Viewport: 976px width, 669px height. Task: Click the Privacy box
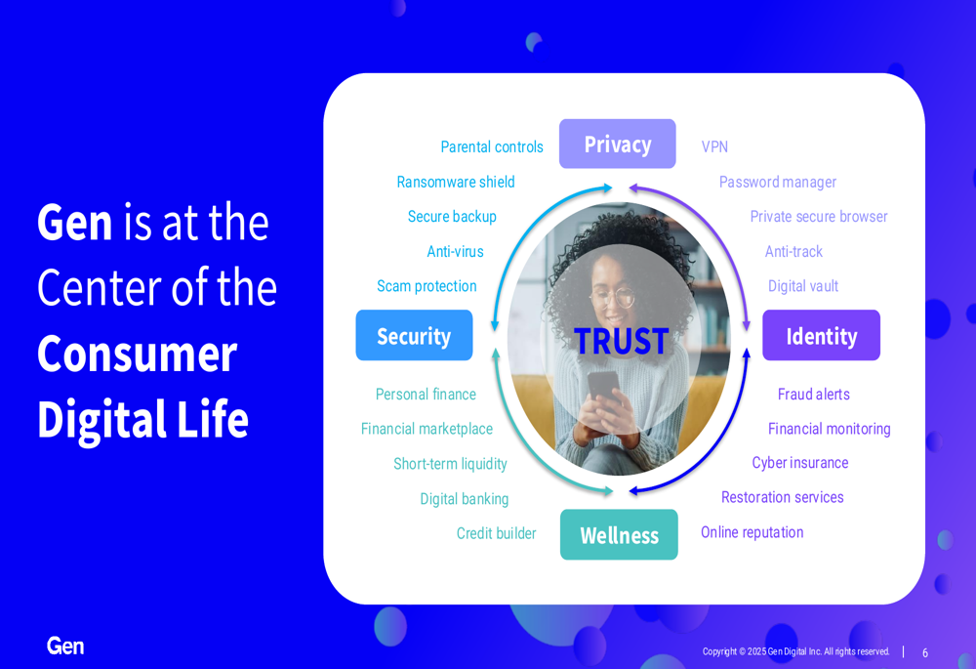pyautogui.click(x=618, y=144)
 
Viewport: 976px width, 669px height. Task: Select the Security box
pyautogui.click(x=414, y=335)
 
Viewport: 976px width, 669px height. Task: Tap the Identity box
pyautogui.click(x=822, y=335)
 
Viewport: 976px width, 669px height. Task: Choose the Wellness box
pyautogui.click(x=619, y=534)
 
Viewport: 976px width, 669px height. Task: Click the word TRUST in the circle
pyautogui.click(x=621, y=342)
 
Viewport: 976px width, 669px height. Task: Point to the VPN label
pyautogui.click(x=714, y=146)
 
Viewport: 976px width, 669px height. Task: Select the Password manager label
pyautogui.click(x=778, y=182)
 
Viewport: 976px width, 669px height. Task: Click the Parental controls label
pyautogui.click(x=492, y=146)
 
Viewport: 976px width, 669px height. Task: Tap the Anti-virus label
pyautogui.click(x=455, y=251)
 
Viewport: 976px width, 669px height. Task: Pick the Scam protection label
pyautogui.click(x=427, y=286)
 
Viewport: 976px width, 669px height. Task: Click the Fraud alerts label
pyautogui.click(x=814, y=394)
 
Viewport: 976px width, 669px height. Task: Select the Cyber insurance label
pyautogui.click(x=800, y=463)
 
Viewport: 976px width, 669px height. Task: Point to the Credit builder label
pyautogui.click(x=496, y=533)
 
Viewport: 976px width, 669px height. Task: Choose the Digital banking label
pyautogui.click(x=465, y=499)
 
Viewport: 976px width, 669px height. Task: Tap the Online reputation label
pyautogui.click(x=752, y=532)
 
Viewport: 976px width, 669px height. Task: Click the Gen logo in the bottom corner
pyautogui.click(x=65, y=646)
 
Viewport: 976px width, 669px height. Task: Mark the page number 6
pyautogui.click(x=925, y=652)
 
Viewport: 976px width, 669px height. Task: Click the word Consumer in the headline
pyautogui.click(x=137, y=354)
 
